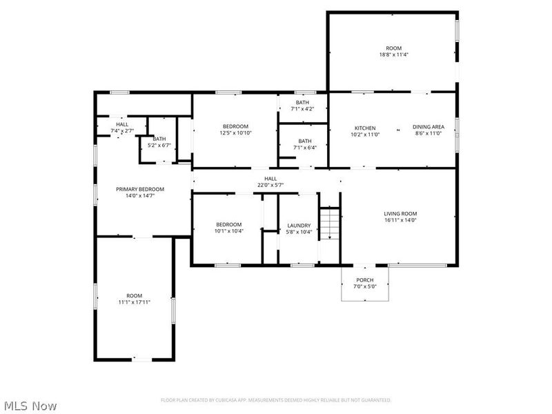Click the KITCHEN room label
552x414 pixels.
coord(365,128)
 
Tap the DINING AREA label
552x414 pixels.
coord(428,127)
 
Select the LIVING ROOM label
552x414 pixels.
coord(400,214)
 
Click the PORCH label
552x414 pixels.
coord(364,280)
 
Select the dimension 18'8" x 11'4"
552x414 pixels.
coord(393,55)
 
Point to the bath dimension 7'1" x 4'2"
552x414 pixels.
coord(302,109)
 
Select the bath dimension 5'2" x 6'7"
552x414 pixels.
coord(159,146)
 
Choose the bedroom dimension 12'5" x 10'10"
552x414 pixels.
coord(235,133)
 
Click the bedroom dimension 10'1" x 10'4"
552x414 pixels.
coord(228,231)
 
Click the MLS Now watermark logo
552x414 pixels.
coord(31,406)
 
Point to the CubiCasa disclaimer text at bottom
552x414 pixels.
coord(276,400)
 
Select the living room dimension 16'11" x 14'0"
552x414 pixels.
coord(400,221)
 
